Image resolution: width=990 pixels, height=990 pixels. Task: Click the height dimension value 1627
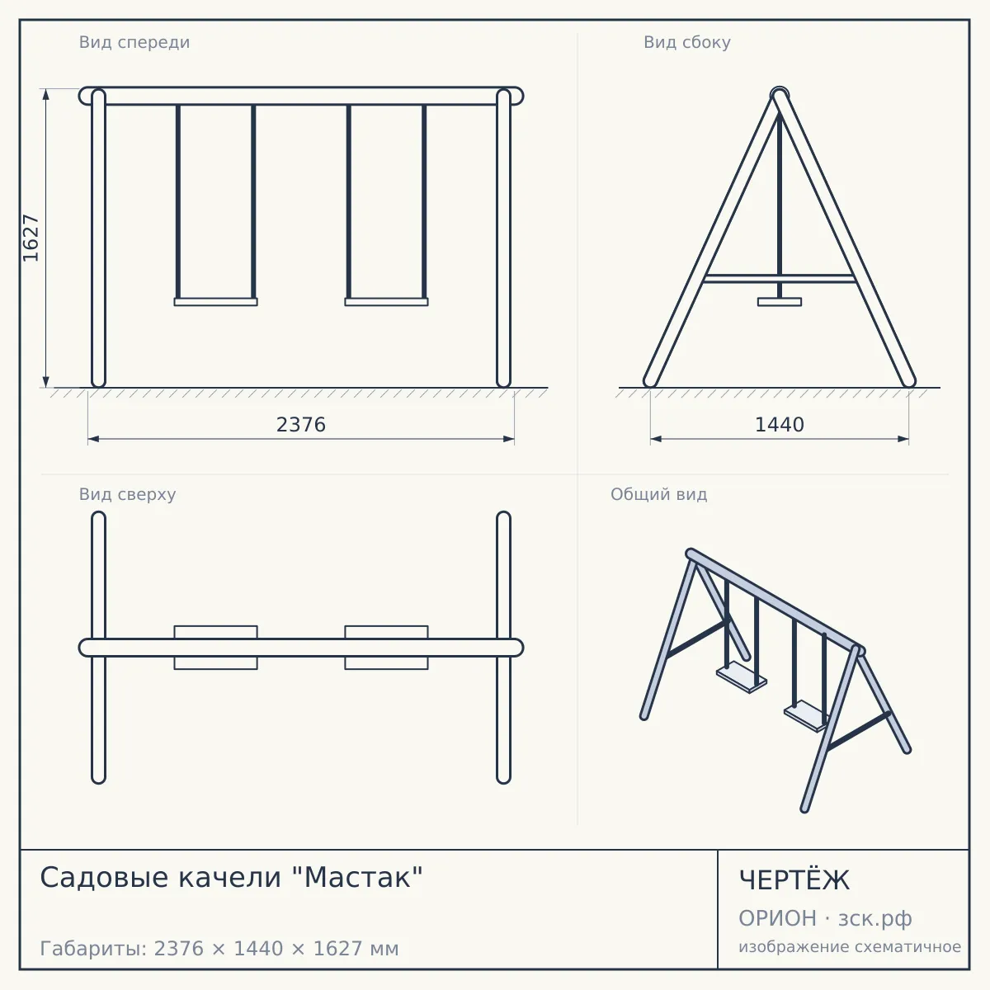click(31, 238)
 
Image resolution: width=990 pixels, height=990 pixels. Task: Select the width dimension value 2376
click(301, 425)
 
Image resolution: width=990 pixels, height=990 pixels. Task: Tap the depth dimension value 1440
click(780, 425)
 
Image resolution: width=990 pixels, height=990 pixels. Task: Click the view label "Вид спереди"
click(134, 42)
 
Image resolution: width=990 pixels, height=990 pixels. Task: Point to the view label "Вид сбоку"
click(687, 42)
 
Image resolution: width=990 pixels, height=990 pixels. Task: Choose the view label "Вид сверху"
click(127, 494)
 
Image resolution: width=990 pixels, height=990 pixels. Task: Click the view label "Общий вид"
click(658, 494)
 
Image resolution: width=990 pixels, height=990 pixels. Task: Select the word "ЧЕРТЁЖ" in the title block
click(794, 880)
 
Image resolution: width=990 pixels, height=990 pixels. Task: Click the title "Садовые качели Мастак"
click(231, 877)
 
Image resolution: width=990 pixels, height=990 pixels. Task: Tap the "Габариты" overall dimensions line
click(219, 949)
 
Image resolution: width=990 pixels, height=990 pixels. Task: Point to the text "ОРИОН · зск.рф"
click(825, 918)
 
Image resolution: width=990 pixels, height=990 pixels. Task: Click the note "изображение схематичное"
click(850, 946)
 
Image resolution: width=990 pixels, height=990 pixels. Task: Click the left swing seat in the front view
click(216, 302)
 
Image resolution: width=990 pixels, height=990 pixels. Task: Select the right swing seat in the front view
click(386, 302)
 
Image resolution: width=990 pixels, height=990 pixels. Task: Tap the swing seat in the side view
click(780, 302)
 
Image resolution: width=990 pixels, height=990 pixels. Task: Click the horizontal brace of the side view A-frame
click(780, 279)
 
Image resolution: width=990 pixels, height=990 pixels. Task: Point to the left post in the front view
click(99, 238)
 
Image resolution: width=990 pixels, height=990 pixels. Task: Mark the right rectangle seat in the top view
click(386, 648)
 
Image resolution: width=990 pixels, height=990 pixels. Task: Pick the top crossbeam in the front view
click(301, 96)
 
